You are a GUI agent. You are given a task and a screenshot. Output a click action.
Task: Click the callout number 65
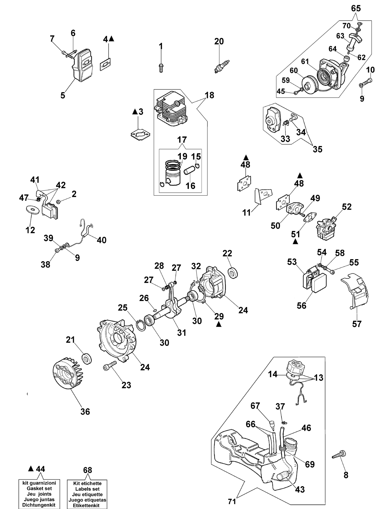[x=356, y=8]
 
